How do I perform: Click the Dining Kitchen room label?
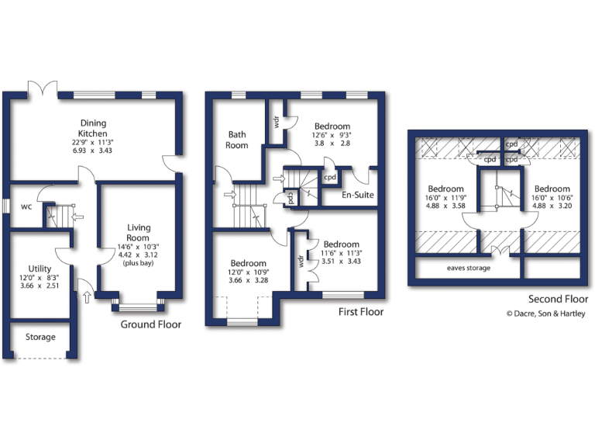[x=93, y=128]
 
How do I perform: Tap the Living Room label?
[x=139, y=233]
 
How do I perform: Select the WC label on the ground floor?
[x=26, y=206]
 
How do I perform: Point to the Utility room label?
[x=40, y=269]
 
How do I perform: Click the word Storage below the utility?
[x=40, y=338]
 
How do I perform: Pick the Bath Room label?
[x=237, y=140]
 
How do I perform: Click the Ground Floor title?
[x=150, y=324]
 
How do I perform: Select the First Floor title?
[x=361, y=312]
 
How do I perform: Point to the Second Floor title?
[x=558, y=299]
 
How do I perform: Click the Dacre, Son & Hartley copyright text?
[x=545, y=314]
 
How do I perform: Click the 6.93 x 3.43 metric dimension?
[x=93, y=150]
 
